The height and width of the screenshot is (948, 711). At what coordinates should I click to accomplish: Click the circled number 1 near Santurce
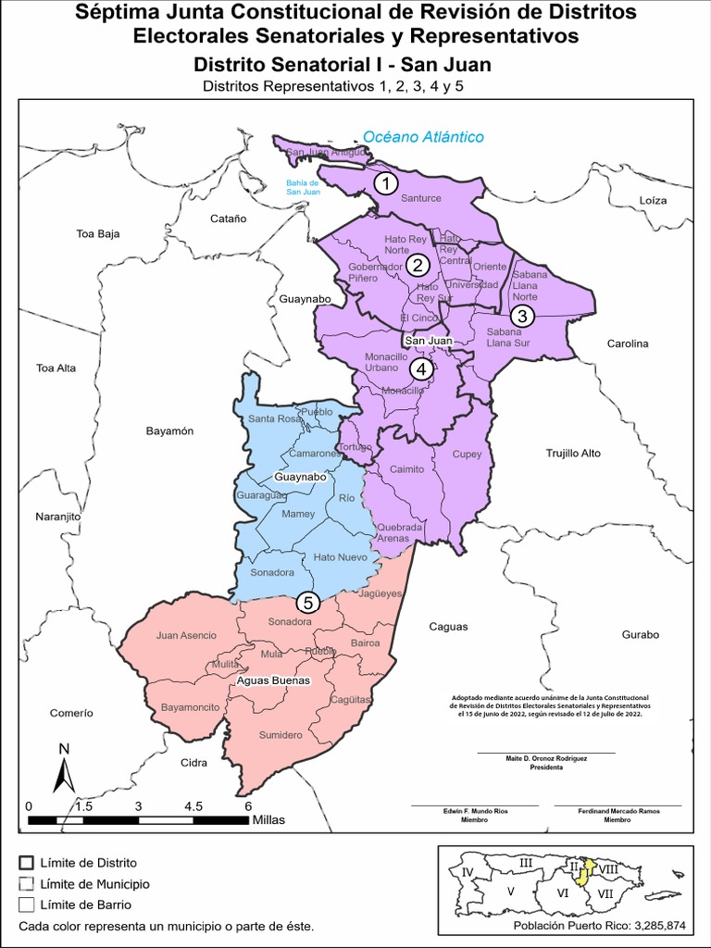coord(385,183)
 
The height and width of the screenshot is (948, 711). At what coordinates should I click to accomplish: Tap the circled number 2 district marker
coord(418,266)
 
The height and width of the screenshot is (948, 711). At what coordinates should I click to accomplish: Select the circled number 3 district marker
coord(522,315)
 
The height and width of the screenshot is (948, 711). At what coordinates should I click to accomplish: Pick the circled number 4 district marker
coord(422,369)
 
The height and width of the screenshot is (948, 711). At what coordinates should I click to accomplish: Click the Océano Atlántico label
coord(423,137)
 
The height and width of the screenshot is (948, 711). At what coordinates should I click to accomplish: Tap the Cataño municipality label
coord(229,219)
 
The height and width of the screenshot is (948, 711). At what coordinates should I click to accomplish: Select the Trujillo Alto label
coord(573,454)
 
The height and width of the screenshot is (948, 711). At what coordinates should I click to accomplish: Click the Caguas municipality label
coord(448,627)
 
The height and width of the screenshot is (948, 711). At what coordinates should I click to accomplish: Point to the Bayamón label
coord(169,431)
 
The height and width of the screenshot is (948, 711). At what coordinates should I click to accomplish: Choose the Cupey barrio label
coord(467,455)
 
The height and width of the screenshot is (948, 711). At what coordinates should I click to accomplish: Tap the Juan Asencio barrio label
coord(186,635)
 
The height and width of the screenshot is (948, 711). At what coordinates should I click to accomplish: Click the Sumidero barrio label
coord(280,735)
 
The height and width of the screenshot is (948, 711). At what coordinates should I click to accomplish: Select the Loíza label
coord(653,200)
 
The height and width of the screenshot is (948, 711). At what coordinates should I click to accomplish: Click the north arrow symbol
coord(63,768)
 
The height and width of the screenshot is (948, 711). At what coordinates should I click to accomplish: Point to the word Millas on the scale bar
coord(268,820)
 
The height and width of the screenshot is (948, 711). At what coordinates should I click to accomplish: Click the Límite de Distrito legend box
coord(26,862)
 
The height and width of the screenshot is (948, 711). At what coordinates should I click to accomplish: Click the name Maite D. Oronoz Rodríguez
coord(546,758)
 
